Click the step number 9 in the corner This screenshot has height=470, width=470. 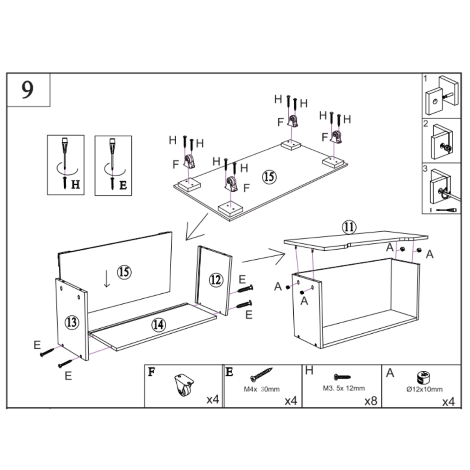(x=28, y=90)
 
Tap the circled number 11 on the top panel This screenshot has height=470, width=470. (x=349, y=227)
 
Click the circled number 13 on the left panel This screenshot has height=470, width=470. (x=71, y=322)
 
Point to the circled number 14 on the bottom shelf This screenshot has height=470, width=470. (x=158, y=325)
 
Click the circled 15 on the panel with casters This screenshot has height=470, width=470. (x=269, y=176)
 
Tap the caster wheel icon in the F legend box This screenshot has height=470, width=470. (x=184, y=385)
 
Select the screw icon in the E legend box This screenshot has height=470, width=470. (x=261, y=375)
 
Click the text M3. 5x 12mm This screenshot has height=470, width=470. (x=344, y=388)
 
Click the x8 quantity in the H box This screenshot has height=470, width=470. (x=370, y=401)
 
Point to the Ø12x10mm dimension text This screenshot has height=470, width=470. (x=425, y=389)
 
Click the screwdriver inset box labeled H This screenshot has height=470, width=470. (x=66, y=165)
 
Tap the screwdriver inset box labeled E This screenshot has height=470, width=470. (x=113, y=165)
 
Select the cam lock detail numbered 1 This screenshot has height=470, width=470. (x=441, y=95)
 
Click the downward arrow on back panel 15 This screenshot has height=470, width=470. (x=107, y=279)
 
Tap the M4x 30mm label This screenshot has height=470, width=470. (x=261, y=389)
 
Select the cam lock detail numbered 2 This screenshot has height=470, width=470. (x=441, y=140)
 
